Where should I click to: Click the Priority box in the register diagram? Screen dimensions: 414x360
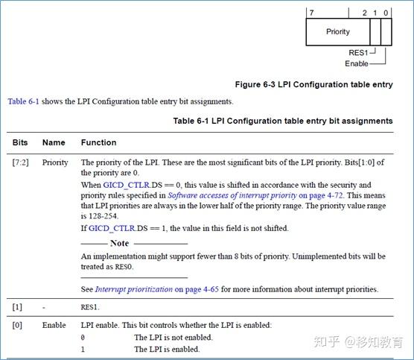pyautogui.click(x=337, y=32)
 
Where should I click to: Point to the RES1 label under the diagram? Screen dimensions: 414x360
pyautogui.click(x=359, y=53)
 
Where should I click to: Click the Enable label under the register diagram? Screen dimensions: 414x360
pyautogui.click(x=356, y=64)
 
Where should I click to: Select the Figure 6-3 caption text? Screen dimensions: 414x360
pyautogui.click(x=313, y=85)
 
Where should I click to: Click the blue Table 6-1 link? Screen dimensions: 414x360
pyautogui.click(x=24, y=101)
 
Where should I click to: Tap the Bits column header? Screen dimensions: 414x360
pyautogui.click(x=20, y=142)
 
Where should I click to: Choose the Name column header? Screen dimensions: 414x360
pyautogui.click(x=54, y=142)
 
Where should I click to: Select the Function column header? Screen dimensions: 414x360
pyautogui.click(x=98, y=142)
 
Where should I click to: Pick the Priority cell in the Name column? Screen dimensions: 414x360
pyautogui.click(x=55, y=162)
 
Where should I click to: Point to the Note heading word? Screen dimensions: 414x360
pyautogui.click(x=119, y=243)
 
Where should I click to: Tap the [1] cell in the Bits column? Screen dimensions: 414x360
pyautogui.click(x=16, y=306)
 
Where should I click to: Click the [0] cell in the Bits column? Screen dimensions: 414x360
pyautogui.click(x=16, y=326)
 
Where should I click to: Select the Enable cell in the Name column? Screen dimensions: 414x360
pyautogui.click(x=54, y=326)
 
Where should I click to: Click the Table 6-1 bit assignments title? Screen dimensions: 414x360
pyautogui.click(x=283, y=121)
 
